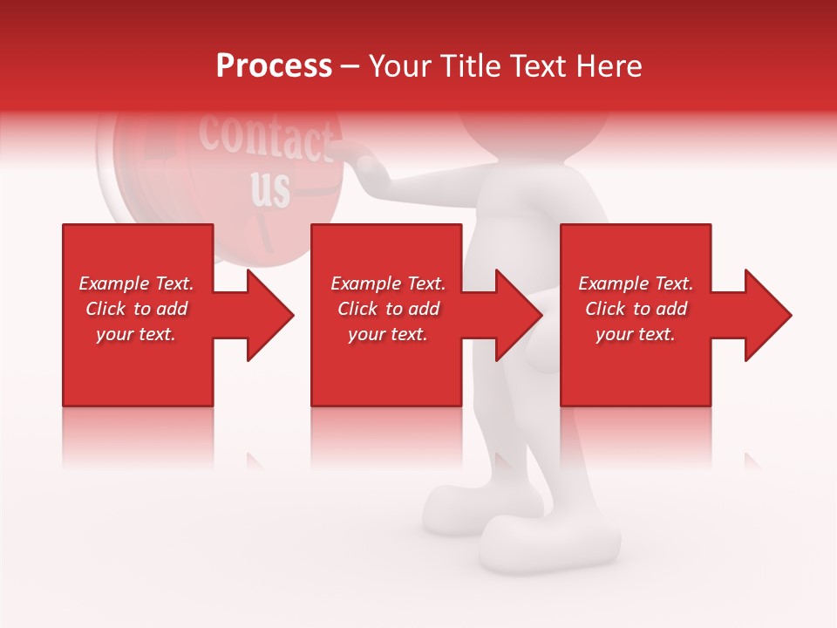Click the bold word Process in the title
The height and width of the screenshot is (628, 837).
point(274,66)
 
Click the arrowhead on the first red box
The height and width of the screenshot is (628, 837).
point(262,315)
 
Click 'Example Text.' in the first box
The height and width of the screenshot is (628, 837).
point(136,283)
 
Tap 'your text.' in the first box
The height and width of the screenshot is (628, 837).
point(136,334)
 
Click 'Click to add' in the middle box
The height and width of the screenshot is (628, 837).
point(388,309)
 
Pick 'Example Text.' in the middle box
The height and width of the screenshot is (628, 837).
point(388,283)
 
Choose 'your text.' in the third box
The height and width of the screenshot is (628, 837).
point(636,334)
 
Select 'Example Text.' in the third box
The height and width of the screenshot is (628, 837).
point(636,283)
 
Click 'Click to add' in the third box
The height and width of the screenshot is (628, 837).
point(636,309)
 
